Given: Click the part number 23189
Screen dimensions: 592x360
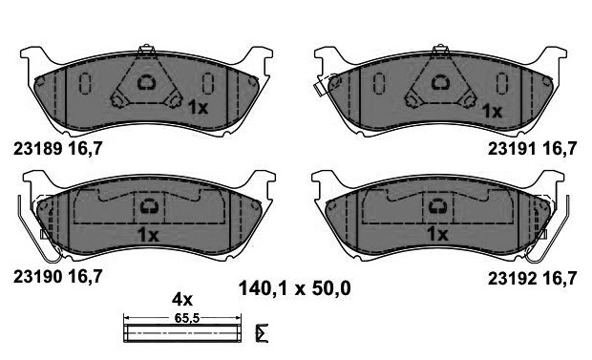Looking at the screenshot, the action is [x=38, y=149].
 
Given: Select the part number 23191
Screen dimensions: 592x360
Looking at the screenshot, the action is [x=512, y=149].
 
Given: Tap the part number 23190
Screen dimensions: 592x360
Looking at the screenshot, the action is [x=38, y=277].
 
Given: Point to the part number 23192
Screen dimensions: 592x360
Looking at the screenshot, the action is [x=512, y=279].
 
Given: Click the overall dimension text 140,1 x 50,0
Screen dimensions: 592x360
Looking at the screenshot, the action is [x=295, y=289].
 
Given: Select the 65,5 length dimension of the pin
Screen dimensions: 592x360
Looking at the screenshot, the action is [x=186, y=318].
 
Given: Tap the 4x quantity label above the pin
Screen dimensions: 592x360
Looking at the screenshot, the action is [x=182, y=300].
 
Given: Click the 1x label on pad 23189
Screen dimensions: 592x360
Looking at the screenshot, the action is [x=198, y=108].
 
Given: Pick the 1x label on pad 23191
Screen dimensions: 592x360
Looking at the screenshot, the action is [x=493, y=111].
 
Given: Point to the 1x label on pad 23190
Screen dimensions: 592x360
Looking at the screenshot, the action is [x=148, y=235].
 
